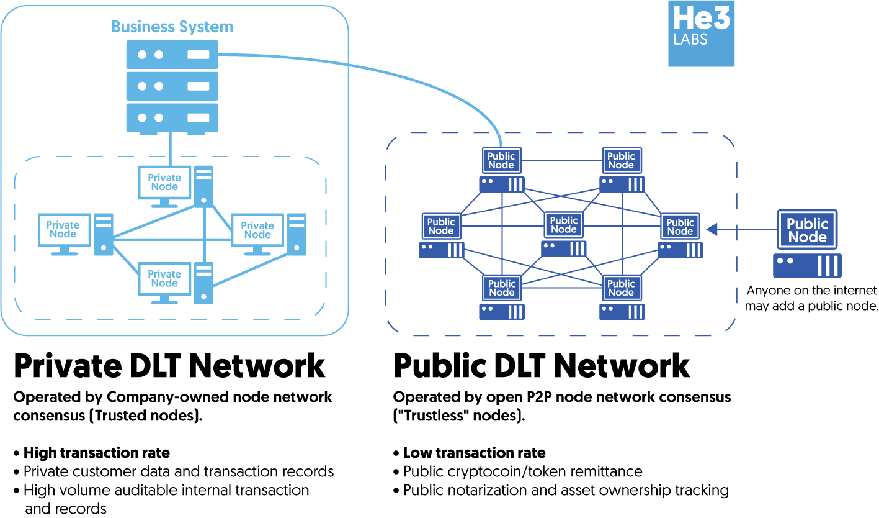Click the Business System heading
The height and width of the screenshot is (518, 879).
pos(172,27)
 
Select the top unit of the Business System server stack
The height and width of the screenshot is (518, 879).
pos(172,54)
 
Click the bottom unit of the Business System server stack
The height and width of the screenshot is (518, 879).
pos(172,117)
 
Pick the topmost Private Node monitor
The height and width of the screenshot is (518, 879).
pos(164,182)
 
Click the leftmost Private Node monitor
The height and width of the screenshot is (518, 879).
pos(63,230)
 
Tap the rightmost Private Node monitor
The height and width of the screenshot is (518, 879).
pos(257,230)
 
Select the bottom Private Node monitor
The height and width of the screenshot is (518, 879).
pos(164,278)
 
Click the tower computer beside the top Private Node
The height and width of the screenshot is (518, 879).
pos(203,185)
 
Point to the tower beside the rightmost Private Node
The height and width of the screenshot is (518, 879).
pos(297,234)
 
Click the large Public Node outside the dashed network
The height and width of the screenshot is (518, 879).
pos(807,230)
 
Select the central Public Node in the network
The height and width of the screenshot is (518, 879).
pos(563,225)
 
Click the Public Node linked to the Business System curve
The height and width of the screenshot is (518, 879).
pos(501,160)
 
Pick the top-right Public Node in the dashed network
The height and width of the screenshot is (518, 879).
pos(621,160)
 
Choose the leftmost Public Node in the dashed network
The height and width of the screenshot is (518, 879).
pos(441,226)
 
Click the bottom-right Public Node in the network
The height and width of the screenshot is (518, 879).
pos(621,288)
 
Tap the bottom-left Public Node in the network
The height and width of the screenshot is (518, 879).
pos(501,288)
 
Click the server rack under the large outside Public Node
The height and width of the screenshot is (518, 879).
pos(807,266)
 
